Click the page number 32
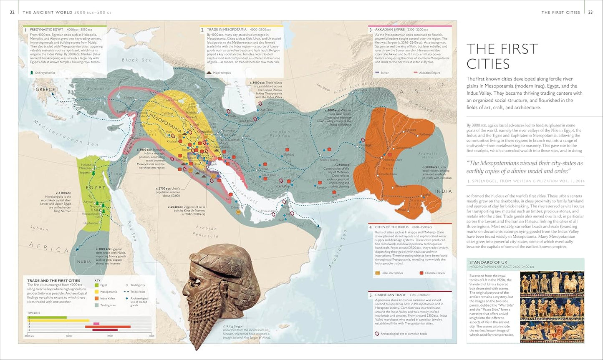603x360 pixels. [x=12, y=13]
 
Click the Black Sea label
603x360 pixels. [x=136, y=60]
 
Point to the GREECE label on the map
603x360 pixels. [x=45, y=89]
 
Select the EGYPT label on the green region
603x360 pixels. [x=96, y=188]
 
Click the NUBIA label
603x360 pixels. [x=84, y=262]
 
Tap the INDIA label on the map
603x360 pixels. [x=443, y=191]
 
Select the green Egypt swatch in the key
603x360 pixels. [x=96, y=285]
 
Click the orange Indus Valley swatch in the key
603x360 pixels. [x=96, y=298]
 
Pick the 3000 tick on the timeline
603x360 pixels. [x=68, y=335]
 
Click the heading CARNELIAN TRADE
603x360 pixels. [x=390, y=295]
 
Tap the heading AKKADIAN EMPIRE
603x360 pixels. [x=390, y=30]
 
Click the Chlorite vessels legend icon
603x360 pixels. [x=421, y=273]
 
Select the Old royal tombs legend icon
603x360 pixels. [x=32, y=73]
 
